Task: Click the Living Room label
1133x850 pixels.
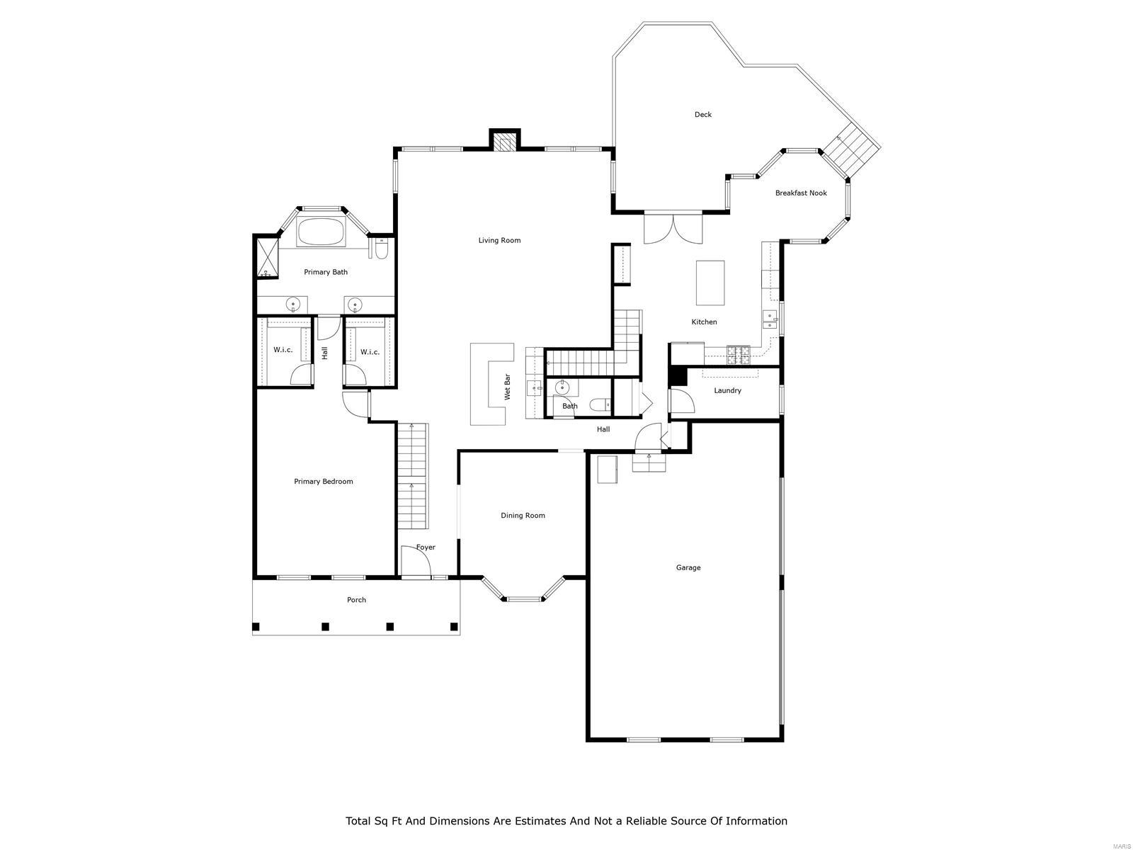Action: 499,240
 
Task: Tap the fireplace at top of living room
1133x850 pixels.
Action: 505,144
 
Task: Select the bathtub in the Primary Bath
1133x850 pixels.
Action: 321,232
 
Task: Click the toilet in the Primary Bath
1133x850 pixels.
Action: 381,250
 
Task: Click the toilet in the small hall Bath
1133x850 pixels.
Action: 601,405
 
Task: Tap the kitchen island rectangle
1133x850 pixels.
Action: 710,282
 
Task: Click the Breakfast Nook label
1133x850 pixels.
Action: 800,193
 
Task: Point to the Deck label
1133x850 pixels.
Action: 702,114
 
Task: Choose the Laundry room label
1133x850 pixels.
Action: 727,390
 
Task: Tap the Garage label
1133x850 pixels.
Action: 688,567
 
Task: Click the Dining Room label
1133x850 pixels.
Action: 523,515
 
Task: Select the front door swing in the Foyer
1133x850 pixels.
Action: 416,562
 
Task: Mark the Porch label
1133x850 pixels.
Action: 356,599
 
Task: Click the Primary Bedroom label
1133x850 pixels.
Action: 323,481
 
